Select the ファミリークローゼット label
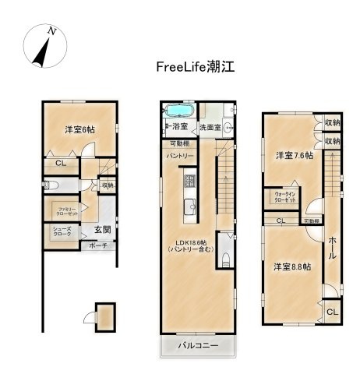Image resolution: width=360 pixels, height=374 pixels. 65,210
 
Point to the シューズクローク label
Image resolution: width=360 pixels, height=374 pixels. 62,231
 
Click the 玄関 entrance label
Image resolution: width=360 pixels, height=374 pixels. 103,230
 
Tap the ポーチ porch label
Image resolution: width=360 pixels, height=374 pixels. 98,245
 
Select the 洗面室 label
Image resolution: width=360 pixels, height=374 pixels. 210,126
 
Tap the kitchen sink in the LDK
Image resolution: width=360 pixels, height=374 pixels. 187,206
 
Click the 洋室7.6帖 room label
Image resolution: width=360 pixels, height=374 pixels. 294,155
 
